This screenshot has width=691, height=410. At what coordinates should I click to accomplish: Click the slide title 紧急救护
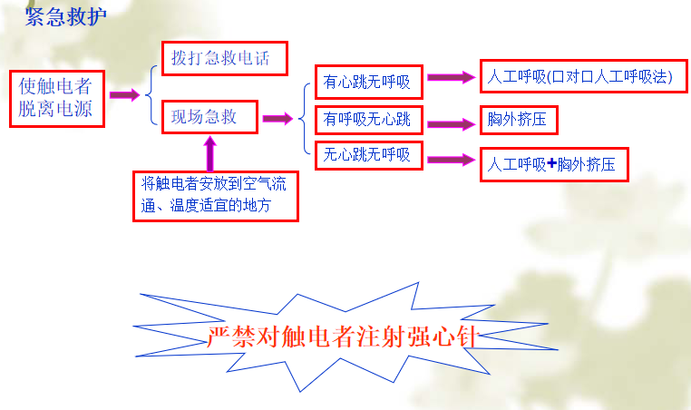pos(65,16)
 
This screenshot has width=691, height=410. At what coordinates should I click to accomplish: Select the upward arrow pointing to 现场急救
pos(210,153)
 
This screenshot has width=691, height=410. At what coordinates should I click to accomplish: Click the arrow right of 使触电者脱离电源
pos(124,94)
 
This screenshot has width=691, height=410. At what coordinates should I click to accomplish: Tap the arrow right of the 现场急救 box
pos(277,118)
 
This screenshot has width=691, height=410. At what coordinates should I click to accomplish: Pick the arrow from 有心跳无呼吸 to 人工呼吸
pos(452,78)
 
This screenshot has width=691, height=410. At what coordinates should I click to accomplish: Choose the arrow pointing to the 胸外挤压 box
pos(452,124)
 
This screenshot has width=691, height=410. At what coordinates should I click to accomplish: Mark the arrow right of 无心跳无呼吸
pos(452,160)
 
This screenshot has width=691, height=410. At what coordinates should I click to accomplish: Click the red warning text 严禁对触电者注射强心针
pos(343,337)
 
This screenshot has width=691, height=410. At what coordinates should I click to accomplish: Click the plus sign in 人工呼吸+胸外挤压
pos(551,164)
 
